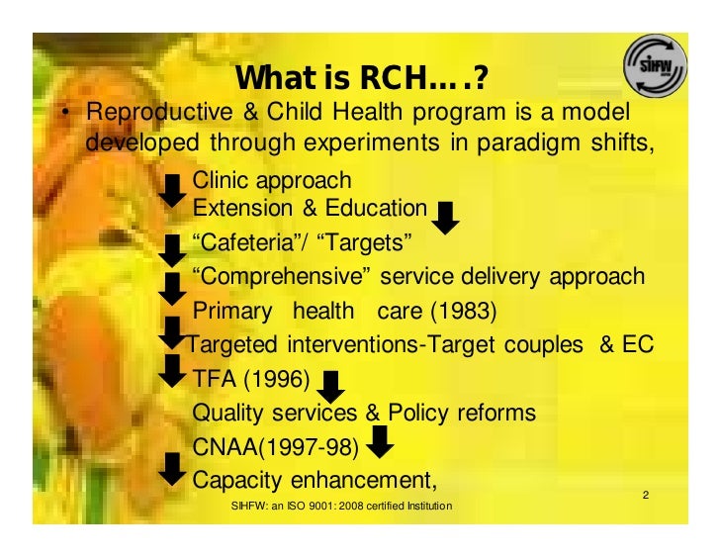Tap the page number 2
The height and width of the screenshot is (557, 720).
pos(645,495)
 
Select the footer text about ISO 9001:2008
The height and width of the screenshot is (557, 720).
pos(340,507)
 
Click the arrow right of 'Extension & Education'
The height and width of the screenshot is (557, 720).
pos(447,218)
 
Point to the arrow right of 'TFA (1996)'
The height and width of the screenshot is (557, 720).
pos(333,387)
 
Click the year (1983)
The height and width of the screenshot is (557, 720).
pos(465,311)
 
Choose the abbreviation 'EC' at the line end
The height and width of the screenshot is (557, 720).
pos(637,344)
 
